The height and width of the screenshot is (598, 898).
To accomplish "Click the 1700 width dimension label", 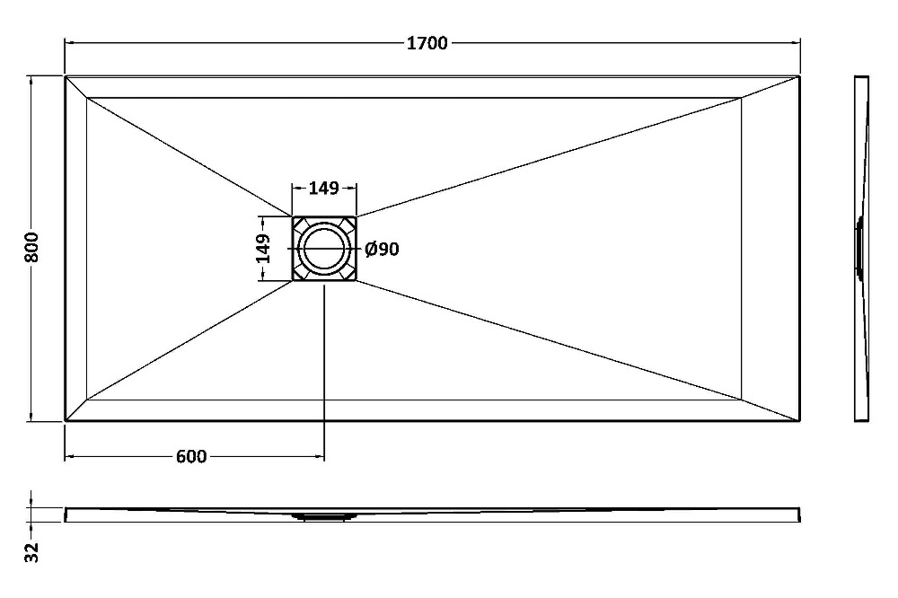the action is click(427, 43).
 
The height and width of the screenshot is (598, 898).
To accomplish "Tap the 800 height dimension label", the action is click(32, 248).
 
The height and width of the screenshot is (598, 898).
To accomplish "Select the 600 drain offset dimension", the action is click(191, 456).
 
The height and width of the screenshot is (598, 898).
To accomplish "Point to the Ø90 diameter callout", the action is click(382, 250).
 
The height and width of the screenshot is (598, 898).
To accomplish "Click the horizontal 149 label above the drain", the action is click(324, 188).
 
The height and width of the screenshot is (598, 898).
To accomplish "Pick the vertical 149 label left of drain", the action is click(262, 248).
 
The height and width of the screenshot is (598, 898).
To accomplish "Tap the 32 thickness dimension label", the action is click(32, 552).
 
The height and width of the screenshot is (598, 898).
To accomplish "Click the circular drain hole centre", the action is click(324, 249).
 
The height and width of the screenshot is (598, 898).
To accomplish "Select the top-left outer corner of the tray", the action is click(66, 76).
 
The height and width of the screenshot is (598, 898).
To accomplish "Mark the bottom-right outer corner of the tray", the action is click(799, 421).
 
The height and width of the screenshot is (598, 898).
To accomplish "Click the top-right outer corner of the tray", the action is click(799, 76).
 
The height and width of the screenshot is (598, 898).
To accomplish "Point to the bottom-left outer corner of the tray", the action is click(66, 421).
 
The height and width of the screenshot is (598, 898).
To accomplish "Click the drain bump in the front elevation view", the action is click(324, 516).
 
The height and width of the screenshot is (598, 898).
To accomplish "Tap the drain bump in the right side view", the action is click(859, 249).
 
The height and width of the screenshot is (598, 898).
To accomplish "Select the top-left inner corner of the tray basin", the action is click(87, 98).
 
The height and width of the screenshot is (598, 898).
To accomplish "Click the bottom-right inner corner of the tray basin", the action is click(742, 400).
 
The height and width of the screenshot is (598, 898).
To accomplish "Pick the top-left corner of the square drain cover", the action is click(293, 216).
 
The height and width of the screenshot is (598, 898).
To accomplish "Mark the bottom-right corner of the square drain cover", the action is click(357, 281).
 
